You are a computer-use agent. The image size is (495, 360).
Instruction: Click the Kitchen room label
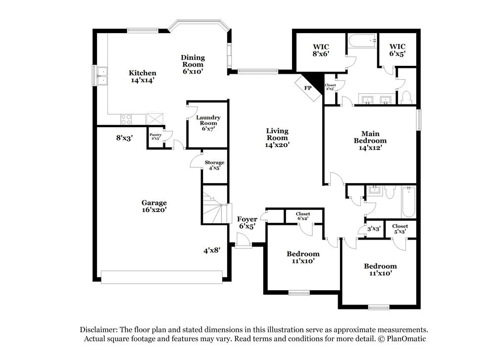[143, 76]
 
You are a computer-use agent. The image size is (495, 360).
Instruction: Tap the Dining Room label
[193, 64]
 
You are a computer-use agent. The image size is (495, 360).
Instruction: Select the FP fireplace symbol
[307, 88]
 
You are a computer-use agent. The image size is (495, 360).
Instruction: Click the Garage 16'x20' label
[154, 206]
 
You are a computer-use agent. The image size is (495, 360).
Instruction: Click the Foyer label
[247, 223]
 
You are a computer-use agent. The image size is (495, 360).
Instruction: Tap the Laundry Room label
[208, 123]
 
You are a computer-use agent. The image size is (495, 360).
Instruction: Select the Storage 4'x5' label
[214, 165]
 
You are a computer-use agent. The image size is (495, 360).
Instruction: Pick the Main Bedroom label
[370, 140]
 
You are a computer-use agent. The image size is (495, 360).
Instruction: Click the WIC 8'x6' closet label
[321, 50]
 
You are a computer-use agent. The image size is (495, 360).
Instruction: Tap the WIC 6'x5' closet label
[397, 50]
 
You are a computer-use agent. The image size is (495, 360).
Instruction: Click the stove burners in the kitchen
[126, 119]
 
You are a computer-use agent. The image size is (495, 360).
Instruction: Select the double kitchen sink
[102, 76]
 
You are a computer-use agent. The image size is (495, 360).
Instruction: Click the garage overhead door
[162, 277]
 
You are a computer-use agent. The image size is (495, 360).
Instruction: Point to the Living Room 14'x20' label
[277, 138]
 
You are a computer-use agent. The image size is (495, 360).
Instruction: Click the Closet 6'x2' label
[303, 216]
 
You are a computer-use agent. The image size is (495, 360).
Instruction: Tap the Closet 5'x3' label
[400, 228]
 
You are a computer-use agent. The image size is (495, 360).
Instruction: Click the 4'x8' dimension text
[211, 251]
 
